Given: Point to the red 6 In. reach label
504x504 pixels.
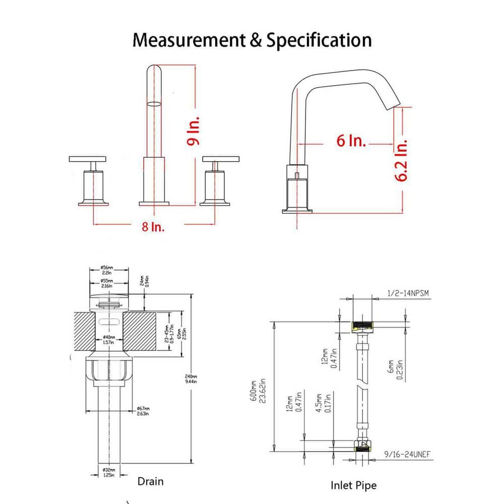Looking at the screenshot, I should [x=351, y=141].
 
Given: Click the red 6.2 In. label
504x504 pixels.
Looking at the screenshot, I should [x=402, y=161].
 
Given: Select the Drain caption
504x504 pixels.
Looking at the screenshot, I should [x=150, y=481].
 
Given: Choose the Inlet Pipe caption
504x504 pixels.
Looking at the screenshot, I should [x=353, y=485].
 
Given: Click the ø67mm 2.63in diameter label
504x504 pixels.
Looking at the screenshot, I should [x=143, y=411].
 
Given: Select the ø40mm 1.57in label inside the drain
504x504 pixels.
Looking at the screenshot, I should [x=107, y=339].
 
